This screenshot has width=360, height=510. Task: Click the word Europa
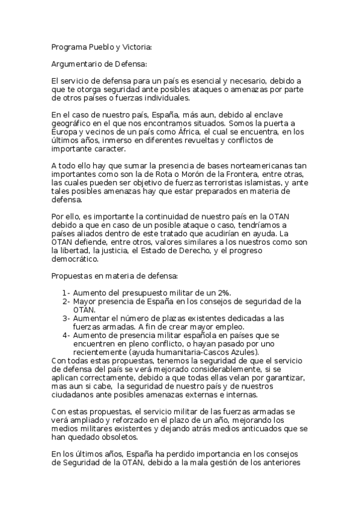pyautogui.click(x=64, y=131)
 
